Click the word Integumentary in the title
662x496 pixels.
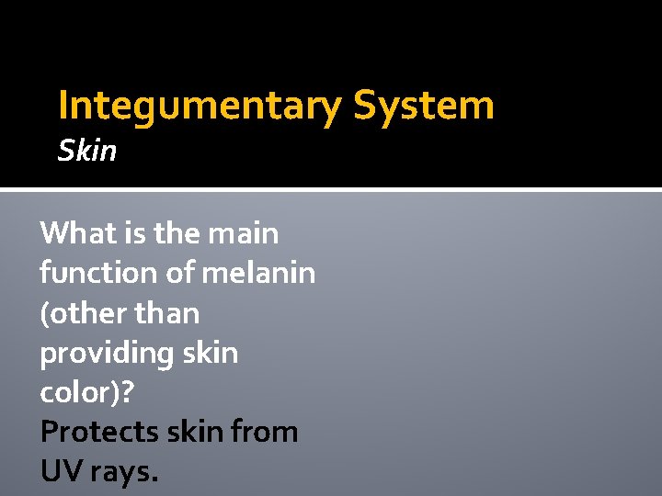tap(199, 107)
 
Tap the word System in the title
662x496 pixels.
tap(424, 107)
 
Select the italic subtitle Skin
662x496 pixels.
tap(87, 150)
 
